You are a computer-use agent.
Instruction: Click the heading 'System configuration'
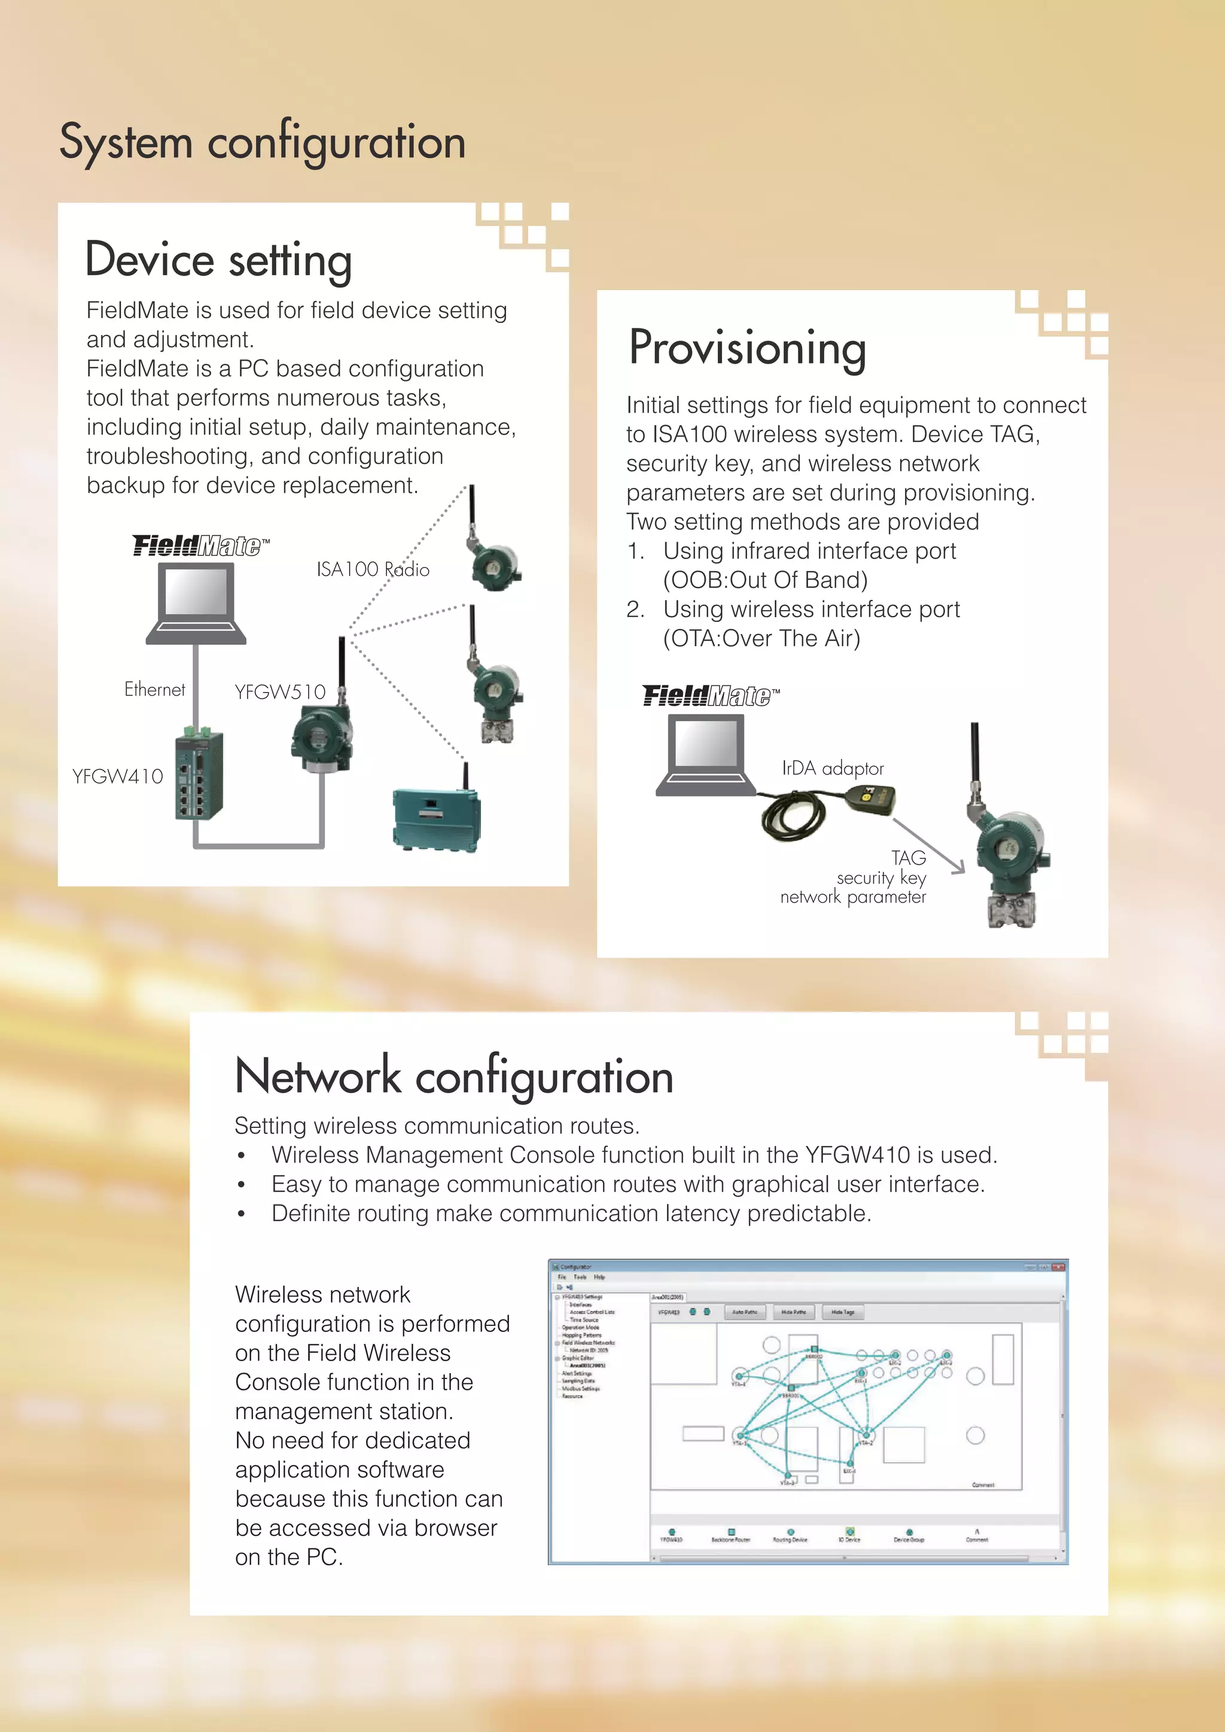(x=263, y=142)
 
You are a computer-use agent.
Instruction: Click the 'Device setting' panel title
(x=219, y=260)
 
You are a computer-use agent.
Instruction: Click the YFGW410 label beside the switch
(x=118, y=776)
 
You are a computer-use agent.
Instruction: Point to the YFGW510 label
(x=280, y=692)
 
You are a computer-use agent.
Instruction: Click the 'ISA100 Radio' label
(x=373, y=569)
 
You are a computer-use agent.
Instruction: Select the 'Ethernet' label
(x=155, y=690)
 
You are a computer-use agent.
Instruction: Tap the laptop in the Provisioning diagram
(x=706, y=754)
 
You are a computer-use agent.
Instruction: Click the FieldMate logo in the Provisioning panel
(x=711, y=696)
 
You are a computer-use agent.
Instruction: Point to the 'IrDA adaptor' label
(x=832, y=769)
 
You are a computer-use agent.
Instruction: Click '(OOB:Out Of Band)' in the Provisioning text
(x=765, y=580)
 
